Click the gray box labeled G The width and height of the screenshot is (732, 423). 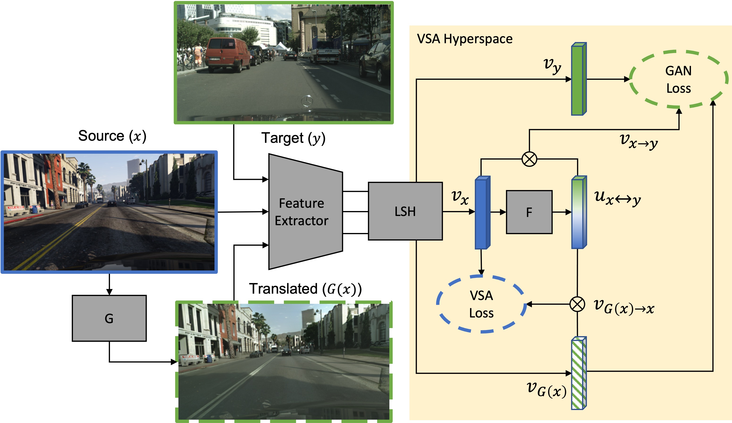pyautogui.click(x=109, y=318)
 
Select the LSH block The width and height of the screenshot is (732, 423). pyautogui.click(x=405, y=211)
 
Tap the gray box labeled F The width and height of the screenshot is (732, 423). pyautogui.click(x=529, y=212)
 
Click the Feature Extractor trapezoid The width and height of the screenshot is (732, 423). pyautogui.click(x=302, y=212)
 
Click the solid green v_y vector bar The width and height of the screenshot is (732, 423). pyautogui.click(x=578, y=79)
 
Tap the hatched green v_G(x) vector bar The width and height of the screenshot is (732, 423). pyautogui.click(x=578, y=373)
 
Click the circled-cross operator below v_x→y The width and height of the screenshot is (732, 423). pyautogui.click(x=529, y=159)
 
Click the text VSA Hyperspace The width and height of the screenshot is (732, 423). pyautogui.click(x=465, y=39)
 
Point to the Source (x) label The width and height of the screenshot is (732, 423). pyautogui.click(x=112, y=136)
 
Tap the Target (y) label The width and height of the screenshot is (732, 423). pyautogui.click(x=293, y=138)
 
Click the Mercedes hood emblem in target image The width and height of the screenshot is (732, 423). pyautogui.click(x=307, y=101)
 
